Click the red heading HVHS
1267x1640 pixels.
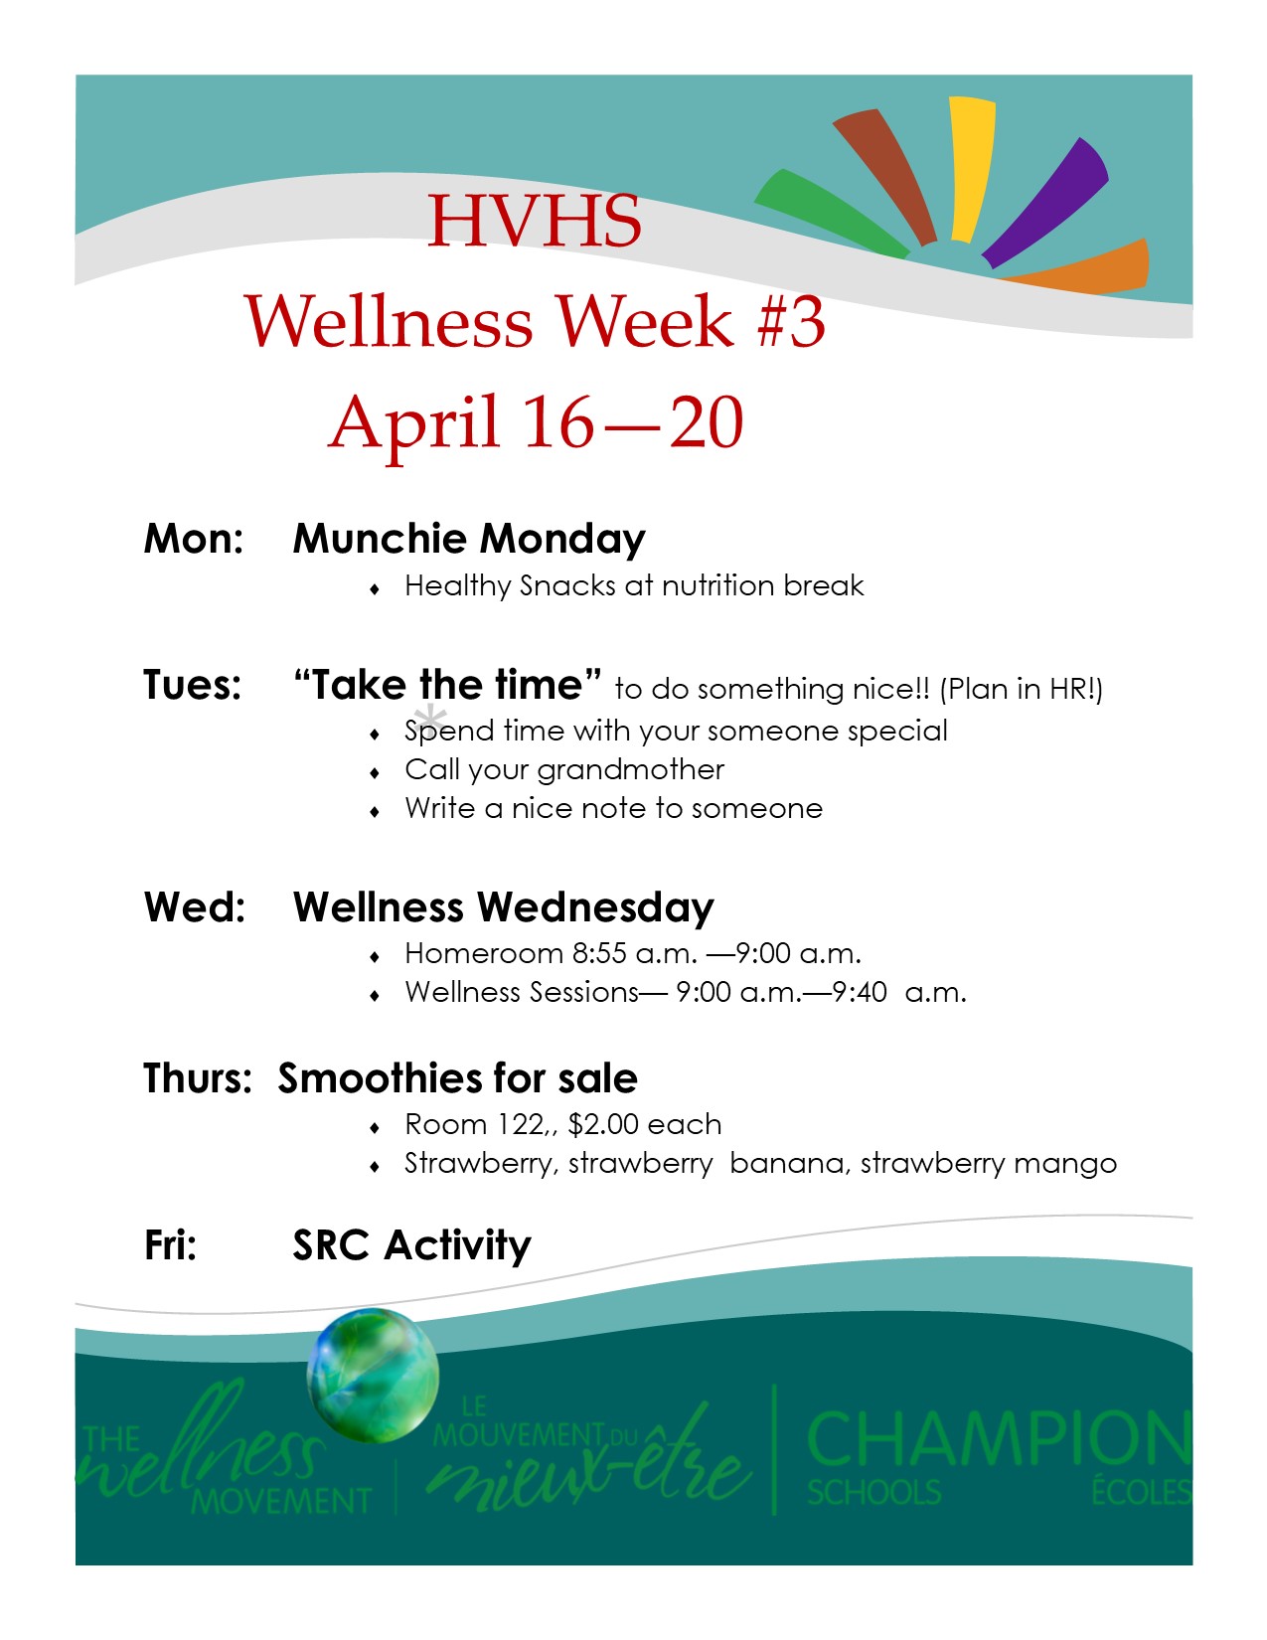pyautogui.click(x=534, y=221)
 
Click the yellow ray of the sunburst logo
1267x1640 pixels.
pyautogui.click(x=971, y=169)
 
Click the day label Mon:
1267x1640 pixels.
pyautogui.click(x=194, y=538)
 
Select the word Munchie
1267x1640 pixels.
pyautogui.click(x=381, y=538)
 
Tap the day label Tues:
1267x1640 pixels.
pyautogui.click(x=193, y=685)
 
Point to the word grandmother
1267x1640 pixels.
pyautogui.click(x=630, y=770)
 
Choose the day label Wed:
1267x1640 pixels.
pyautogui.click(x=195, y=906)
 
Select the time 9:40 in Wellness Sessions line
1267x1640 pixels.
pyautogui.click(x=860, y=992)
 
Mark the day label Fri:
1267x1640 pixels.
pyautogui.click(x=170, y=1245)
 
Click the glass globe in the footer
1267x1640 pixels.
pyautogui.click(x=373, y=1375)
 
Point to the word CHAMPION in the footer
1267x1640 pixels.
pyautogui.click(x=999, y=1438)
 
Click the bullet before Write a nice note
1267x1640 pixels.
pyautogui.click(x=375, y=812)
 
